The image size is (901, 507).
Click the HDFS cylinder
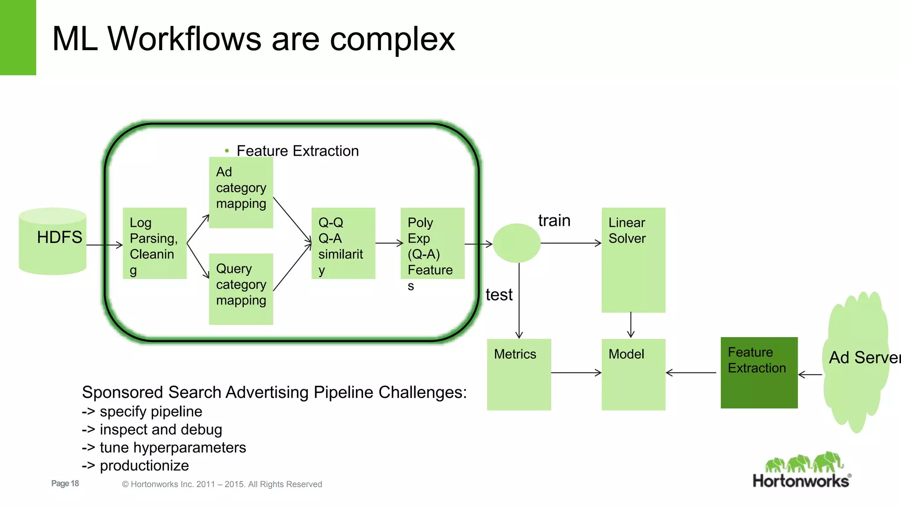point(52,241)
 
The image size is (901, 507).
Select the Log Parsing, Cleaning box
point(154,243)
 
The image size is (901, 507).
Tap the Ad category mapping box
point(241,192)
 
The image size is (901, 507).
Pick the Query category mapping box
point(241,289)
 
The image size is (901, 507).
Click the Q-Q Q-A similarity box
point(343,243)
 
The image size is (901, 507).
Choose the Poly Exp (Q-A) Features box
point(432,243)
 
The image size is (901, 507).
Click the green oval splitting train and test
point(516,243)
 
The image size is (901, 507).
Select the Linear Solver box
point(633,260)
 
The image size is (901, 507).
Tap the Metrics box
point(519,374)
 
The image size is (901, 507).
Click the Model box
point(633,374)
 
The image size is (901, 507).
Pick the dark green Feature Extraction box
point(758,372)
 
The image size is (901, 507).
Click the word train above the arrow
point(554,220)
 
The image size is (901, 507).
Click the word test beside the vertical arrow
point(499,294)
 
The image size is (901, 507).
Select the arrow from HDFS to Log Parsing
point(105,245)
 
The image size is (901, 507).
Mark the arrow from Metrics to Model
point(576,373)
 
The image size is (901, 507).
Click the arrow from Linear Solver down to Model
point(631,325)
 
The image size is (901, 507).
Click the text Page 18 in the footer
point(65,483)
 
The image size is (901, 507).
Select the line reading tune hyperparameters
point(164,448)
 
